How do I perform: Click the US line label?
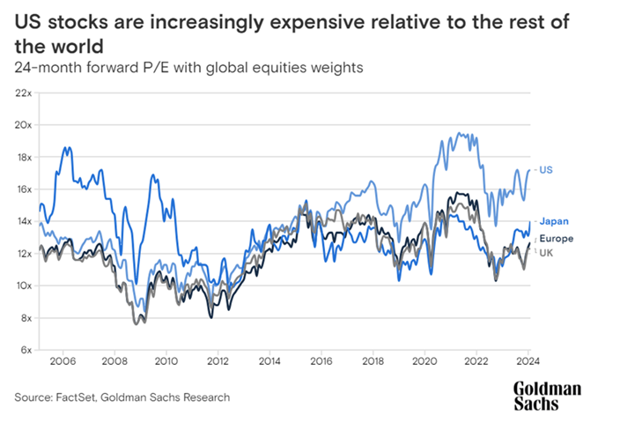point(545,169)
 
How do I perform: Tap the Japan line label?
point(554,221)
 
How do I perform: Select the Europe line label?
point(557,238)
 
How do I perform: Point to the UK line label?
point(545,253)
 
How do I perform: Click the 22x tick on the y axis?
point(22,93)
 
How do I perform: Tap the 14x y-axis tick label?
point(22,221)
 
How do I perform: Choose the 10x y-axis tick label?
point(22,286)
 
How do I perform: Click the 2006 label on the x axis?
point(63,361)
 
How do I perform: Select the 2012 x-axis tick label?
point(218,361)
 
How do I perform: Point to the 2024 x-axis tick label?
point(529,361)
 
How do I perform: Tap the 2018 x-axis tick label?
point(373,361)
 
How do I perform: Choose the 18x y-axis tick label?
point(22,157)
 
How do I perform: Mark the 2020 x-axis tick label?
point(425,361)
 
